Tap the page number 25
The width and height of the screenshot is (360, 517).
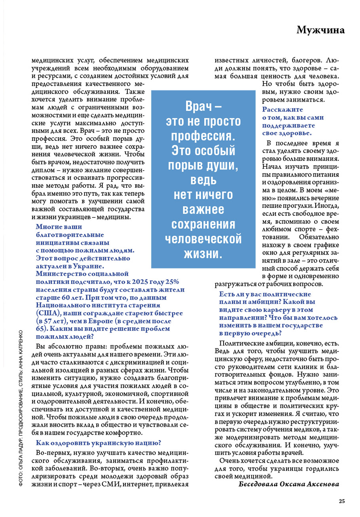tap(341, 502)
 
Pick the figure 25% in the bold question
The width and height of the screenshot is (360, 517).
tap(172, 282)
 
